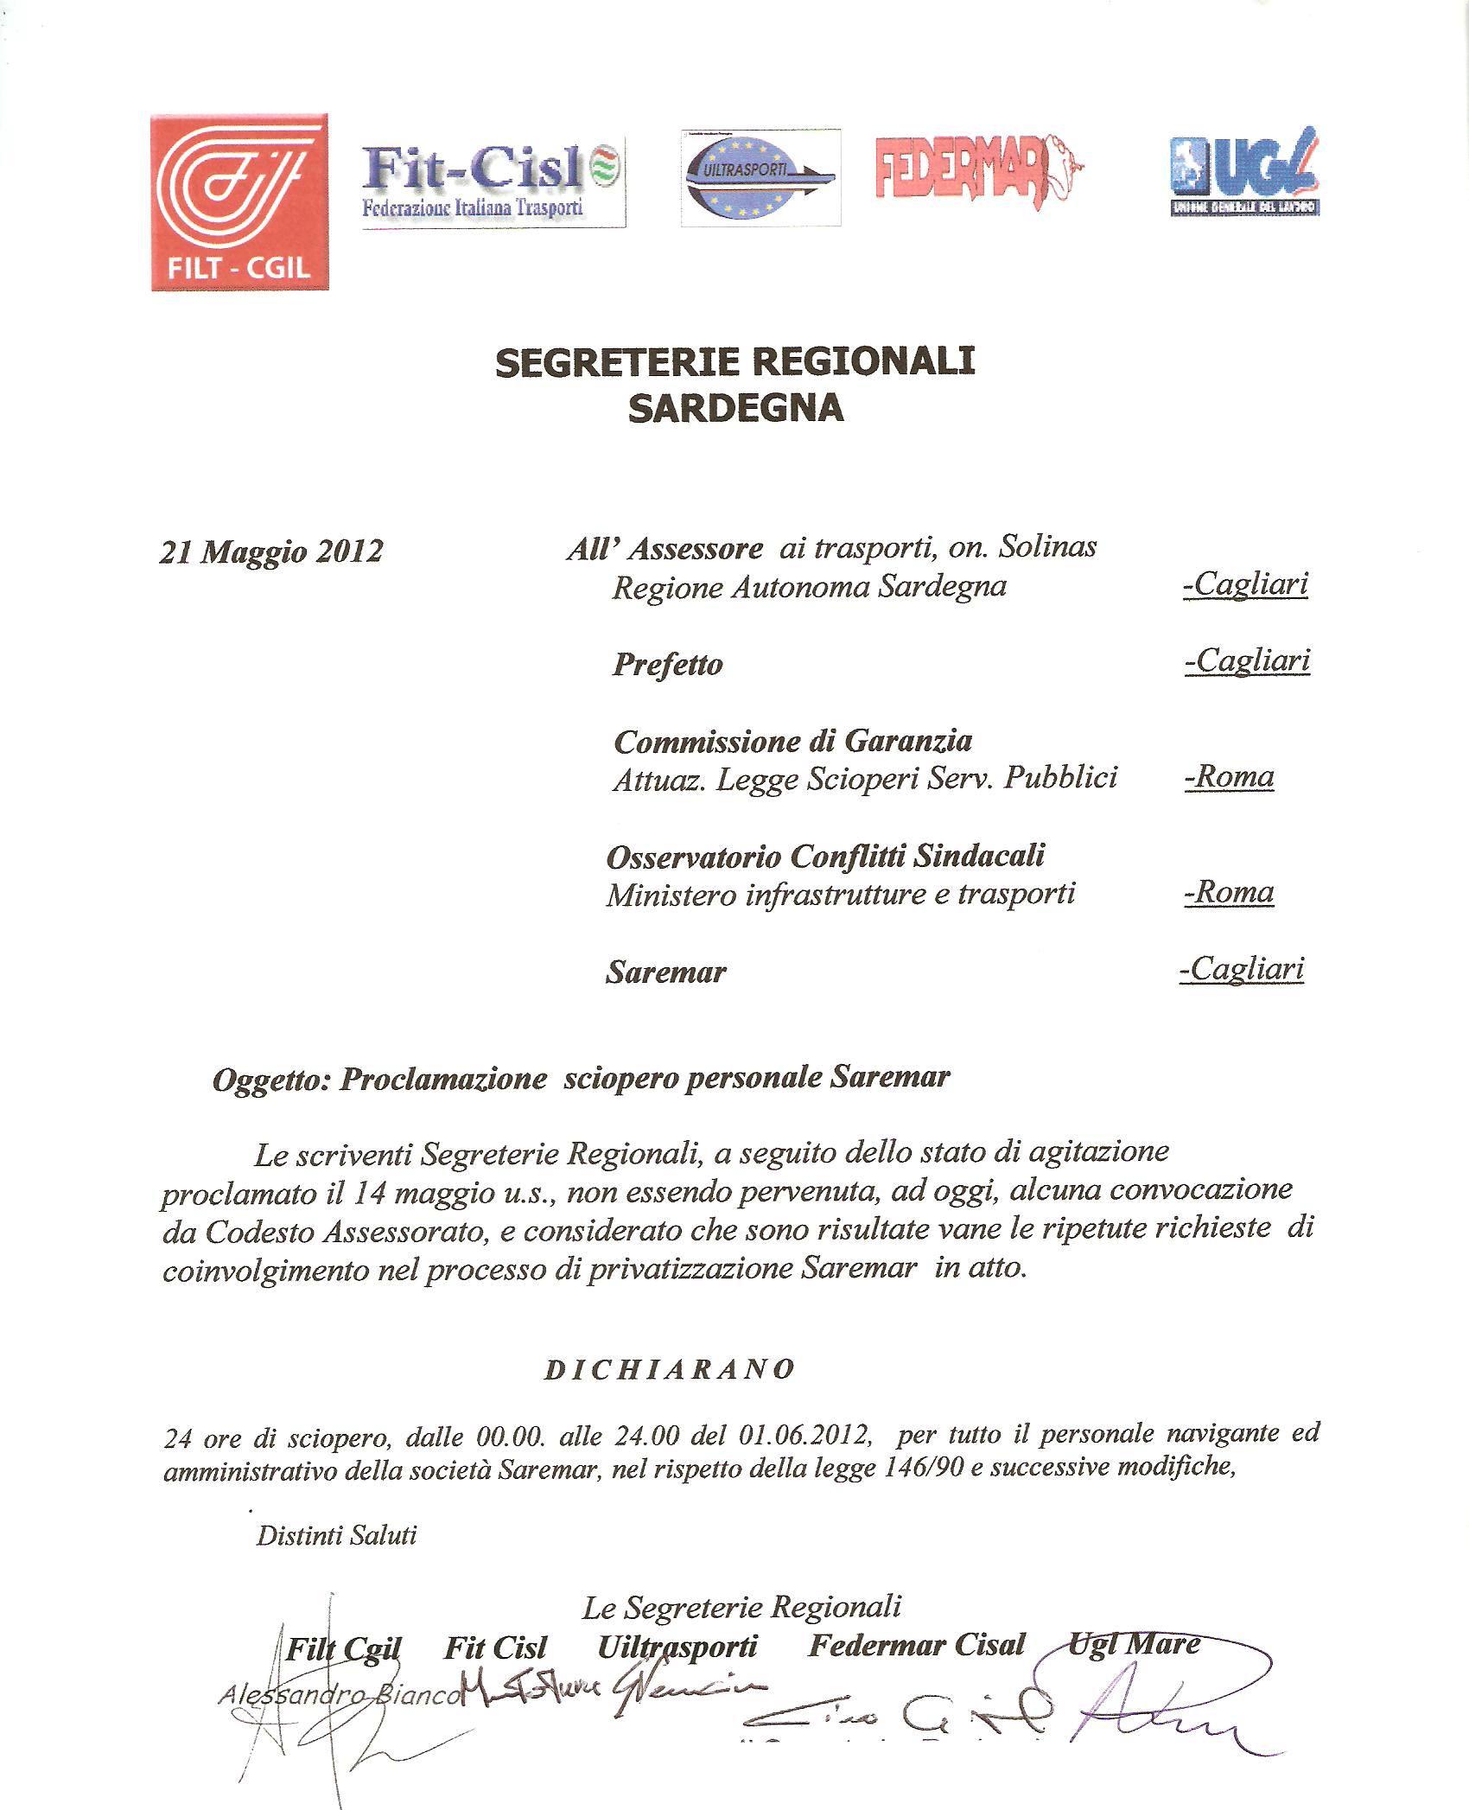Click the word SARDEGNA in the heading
(x=735, y=408)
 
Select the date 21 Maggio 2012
(x=270, y=551)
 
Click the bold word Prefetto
(x=667, y=665)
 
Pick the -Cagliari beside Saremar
(x=1242, y=969)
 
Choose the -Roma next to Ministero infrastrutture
(x=1229, y=891)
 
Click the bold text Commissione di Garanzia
(x=792, y=741)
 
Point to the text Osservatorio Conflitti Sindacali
(x=825, y=856)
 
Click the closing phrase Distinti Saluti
(x=336, y=1535)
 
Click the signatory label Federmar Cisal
(x=916, y=1645)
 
